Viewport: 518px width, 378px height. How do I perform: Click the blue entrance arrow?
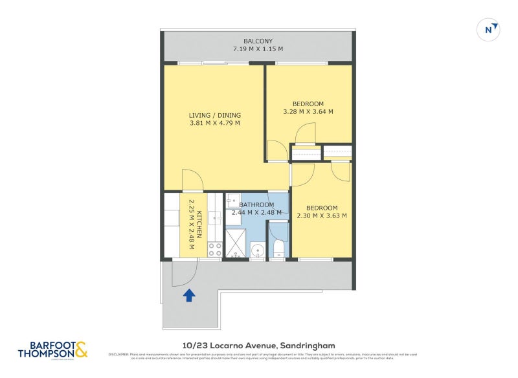189,296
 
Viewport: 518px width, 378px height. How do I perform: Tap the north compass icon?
491,29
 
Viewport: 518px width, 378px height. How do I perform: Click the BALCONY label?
258,40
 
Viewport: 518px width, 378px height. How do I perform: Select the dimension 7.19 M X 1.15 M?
258,49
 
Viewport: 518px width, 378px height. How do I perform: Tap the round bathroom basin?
258,250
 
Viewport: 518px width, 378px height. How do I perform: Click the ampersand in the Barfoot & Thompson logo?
80,349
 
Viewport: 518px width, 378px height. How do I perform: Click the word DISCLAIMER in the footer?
118,354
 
